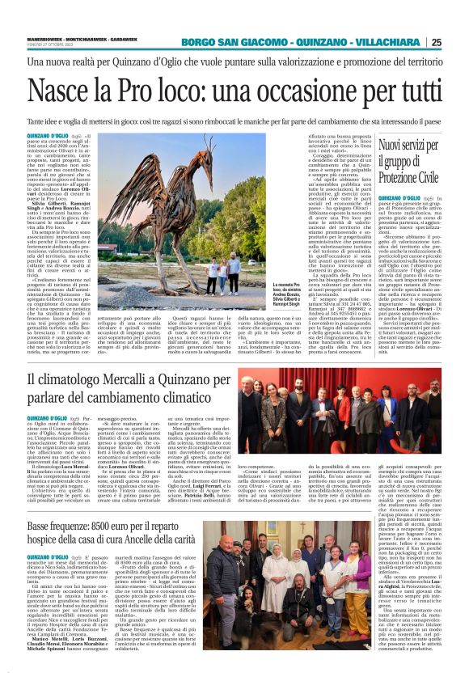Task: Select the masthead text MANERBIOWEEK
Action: pos(47,36)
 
